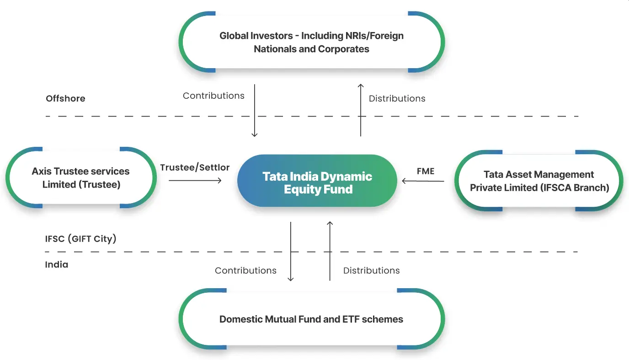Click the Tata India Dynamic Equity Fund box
(317, 182)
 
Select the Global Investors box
(311, 42)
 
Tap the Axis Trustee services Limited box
(81, 177)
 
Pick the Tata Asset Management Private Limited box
(539, 181)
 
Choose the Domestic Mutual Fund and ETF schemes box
(311, 319)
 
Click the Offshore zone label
(65, 98)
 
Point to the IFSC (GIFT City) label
(81, 238)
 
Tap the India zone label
(57, 264)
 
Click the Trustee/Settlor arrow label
(195, 167)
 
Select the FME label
(426, 171)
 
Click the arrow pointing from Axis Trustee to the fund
(195, 181)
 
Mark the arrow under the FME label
(423, 181)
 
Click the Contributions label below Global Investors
(213, 96)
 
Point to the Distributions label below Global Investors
(397, 98)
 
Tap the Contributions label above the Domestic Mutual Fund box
(245, 270)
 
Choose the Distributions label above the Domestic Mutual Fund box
(371, 270)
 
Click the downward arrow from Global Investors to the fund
(255, 110)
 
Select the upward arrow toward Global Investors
(361, 110)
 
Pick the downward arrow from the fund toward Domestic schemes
(291, 251)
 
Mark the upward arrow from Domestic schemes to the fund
(330, 251)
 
